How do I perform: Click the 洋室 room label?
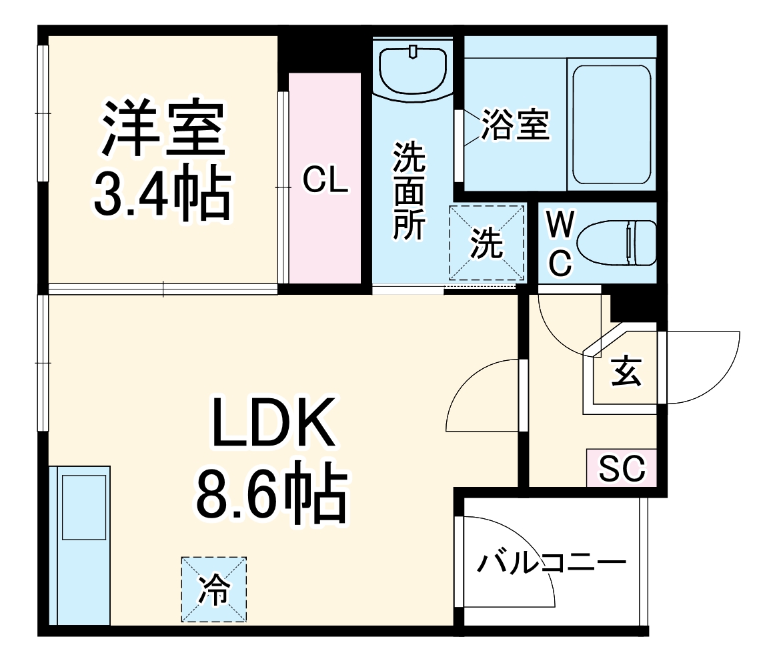point(162,129)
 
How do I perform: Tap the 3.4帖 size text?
point(162,195)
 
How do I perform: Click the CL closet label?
point(325,180)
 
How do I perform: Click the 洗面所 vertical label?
point(408,191)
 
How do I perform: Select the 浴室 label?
point(516,125)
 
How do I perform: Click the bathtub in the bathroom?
point(611,126)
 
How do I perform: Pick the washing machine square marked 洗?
point(486,243)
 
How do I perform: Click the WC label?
point(560,244)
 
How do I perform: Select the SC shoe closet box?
point(622,468)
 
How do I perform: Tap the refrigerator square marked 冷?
point(214,590)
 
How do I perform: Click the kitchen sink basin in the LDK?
point(84,507)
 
